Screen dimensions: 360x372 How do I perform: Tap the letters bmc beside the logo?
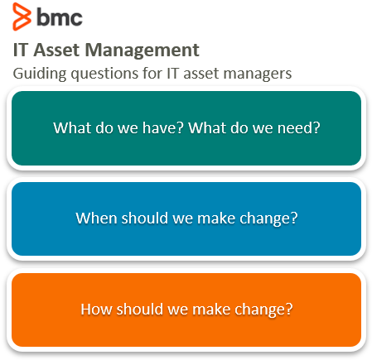pos(59,17)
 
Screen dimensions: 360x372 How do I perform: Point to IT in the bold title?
pos(21,50)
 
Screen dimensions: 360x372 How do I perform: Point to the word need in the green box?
pos(299,129)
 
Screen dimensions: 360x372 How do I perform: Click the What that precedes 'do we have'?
pos(72,129)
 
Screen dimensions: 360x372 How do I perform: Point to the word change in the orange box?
pos(265,310)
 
